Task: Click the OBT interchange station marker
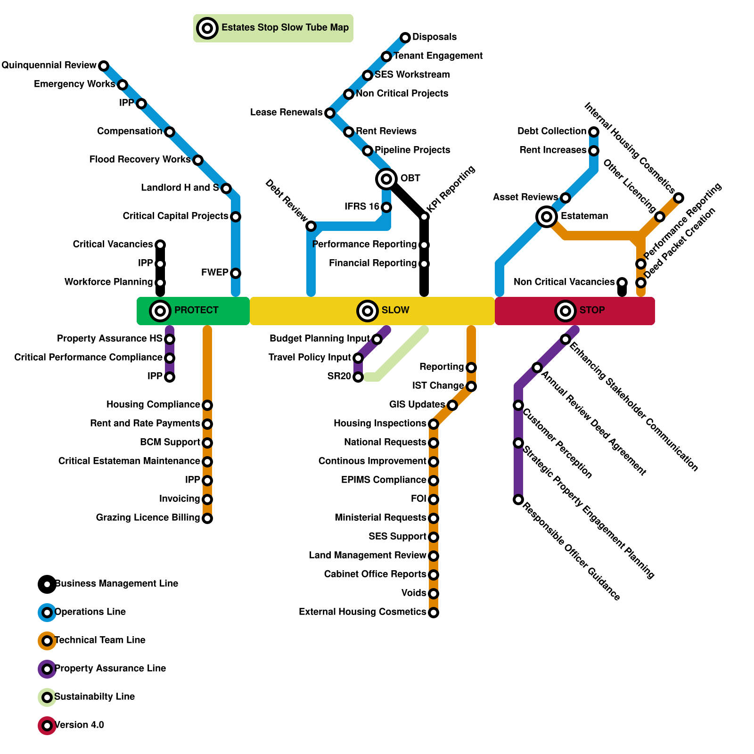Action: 386,179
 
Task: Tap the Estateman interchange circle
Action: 547,217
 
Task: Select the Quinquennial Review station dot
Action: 104,66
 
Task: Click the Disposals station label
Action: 434,37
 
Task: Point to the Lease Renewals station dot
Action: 330,113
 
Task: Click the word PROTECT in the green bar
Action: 196,310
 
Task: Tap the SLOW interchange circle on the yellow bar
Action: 368,311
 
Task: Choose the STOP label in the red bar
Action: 592,310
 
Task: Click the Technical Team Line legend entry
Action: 100,640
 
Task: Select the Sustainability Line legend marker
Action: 47,697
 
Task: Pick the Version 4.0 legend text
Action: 79,725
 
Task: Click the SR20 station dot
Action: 358,377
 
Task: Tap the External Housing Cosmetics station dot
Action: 434,613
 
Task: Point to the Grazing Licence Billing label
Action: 148,517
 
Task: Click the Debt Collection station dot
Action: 594,132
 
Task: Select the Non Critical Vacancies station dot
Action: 622,283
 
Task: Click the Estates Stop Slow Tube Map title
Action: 285,27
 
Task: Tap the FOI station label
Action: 418,499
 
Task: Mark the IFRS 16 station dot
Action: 386,207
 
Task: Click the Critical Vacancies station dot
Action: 160,245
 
